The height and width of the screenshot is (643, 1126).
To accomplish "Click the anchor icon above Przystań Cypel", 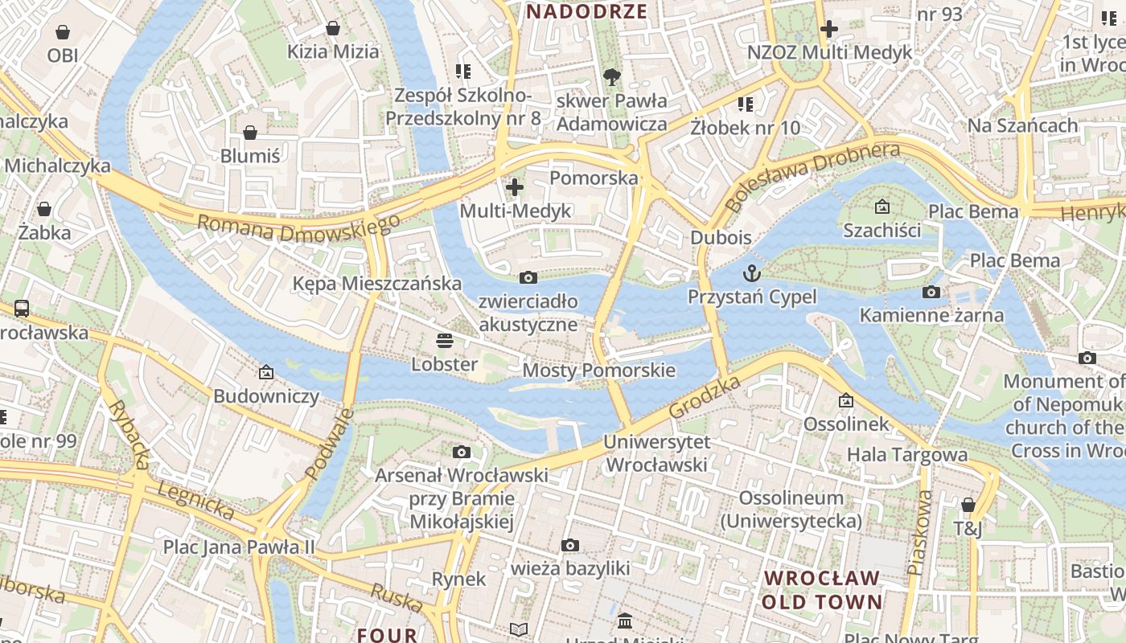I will (x=752, y=273).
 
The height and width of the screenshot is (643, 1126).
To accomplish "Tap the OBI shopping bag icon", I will (x=63, y=32).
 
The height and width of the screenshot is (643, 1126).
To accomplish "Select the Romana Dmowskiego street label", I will (x=298, y=227).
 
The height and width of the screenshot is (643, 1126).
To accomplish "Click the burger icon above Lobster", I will (x=445, y=340).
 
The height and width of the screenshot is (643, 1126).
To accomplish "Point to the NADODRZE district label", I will (x=586, y=11).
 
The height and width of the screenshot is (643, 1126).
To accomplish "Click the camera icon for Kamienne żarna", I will (x=931, y=292).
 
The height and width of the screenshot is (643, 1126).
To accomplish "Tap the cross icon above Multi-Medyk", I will (x=515, y=187).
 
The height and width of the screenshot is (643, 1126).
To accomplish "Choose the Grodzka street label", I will (x=704, y=398).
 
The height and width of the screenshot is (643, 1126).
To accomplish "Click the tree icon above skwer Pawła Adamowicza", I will (x=612, y=77).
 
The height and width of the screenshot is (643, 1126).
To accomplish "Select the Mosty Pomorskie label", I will (x=599, y=371).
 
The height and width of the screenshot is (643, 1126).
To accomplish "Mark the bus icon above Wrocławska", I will (x=22, y=308).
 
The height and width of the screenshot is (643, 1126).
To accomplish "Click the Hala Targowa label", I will (x=907, y=455).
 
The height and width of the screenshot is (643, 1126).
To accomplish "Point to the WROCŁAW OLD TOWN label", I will (x=822, y=590).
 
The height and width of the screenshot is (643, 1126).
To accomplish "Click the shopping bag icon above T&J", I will (x=968, y=505).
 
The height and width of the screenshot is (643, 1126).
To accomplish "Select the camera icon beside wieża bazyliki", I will (x=570, y=546).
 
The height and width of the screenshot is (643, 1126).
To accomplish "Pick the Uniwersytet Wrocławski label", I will (x=657, y=453).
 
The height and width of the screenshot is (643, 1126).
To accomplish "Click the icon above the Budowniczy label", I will (x=266, y=372).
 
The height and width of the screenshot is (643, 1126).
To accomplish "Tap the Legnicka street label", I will (x=196, y=500).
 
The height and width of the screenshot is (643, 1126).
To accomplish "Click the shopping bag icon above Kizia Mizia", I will (x=333, y=29).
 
